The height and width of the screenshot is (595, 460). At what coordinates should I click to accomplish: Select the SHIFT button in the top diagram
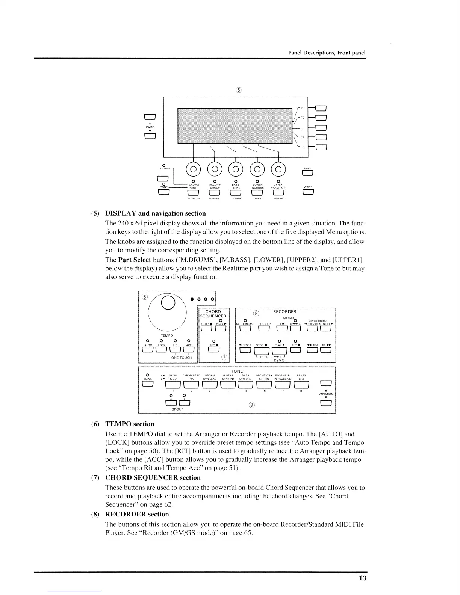tap(308, 173)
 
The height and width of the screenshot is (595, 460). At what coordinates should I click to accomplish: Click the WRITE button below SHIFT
tap(308, 193)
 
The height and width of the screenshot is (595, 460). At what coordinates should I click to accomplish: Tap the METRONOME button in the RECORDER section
tap(245, 329)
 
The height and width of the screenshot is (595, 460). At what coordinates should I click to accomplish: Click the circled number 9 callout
tap(252, 405)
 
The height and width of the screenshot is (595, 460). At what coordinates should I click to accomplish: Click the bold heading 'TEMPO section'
tap(130, 424)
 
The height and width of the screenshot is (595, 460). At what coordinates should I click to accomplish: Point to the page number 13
tap(362, 578)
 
